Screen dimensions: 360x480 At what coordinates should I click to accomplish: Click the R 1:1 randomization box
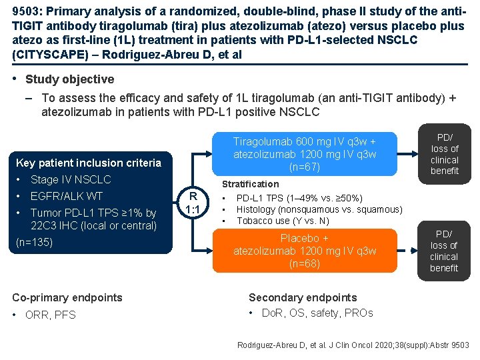[x=193, y=202]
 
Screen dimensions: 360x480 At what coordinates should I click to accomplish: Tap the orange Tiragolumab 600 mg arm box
[x=304, y=154]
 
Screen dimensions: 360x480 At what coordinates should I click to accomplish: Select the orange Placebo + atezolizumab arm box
[x=304, y=251]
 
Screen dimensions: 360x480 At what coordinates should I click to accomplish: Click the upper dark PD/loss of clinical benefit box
[x=444, y=154]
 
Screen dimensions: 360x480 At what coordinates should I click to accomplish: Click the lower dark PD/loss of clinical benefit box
[x=444, y=251]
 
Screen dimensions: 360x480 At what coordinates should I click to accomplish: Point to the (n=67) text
[x=305, y=167]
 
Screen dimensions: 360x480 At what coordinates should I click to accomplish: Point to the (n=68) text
[x=305, y=263]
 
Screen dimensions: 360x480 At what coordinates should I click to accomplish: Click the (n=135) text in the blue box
[x=34, y=242]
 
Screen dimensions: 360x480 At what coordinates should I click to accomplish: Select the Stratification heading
[x=250, y=184]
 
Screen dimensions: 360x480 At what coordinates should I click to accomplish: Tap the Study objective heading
[x=69, y=79]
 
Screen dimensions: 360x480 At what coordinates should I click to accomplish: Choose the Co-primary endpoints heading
[x=67, y=297]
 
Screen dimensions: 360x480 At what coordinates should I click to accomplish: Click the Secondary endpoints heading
[x=303, y=297]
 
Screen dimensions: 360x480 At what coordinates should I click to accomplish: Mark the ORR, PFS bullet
[x=53, y=315]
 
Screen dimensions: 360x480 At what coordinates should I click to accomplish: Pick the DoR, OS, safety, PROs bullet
[x=317, y=313]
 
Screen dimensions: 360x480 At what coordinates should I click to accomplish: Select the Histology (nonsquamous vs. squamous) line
[x=319, y=209]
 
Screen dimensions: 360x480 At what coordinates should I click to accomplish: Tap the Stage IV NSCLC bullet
[x=71, y=179]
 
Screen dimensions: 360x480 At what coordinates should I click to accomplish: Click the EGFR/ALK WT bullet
[x=67, y=196]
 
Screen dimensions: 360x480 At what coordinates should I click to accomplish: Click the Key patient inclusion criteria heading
[x=88, y=163]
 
